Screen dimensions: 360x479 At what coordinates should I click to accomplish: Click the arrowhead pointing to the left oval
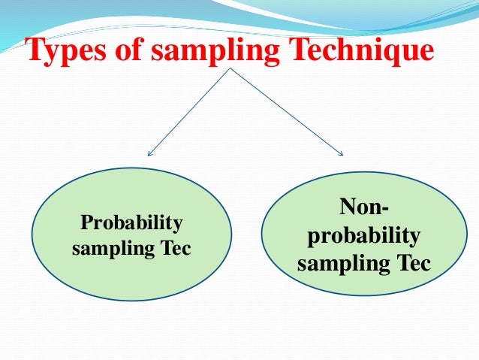(x=149, y=154)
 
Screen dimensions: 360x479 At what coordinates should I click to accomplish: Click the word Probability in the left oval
(x=131, y=223)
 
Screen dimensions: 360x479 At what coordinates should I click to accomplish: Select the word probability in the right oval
(x=364, y=236)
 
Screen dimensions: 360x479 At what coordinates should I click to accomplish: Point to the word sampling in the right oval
(x=338, y=265)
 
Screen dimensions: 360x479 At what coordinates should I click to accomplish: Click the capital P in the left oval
(x=86, y=223)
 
